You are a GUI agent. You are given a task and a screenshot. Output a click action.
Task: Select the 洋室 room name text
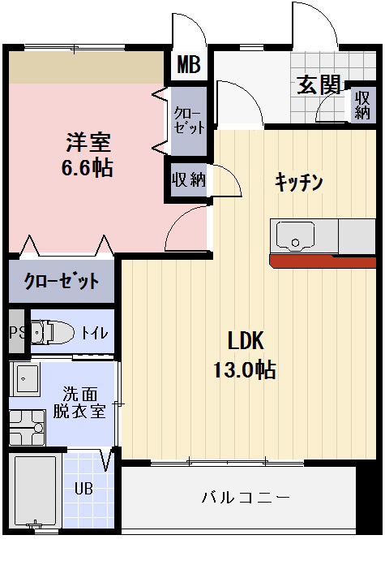88,141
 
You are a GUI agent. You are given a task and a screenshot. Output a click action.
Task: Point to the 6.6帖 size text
88,168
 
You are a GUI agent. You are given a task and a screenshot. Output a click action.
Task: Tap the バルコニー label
245,498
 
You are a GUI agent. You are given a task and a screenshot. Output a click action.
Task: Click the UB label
83,489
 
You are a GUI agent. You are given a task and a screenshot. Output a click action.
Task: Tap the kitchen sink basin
294,237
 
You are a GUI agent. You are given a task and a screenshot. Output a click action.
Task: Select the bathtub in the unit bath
36,490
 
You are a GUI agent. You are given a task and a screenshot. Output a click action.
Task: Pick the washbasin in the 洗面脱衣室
27,380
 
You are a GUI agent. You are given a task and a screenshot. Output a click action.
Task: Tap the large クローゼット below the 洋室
62,282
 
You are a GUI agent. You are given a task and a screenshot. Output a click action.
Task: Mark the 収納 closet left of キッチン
187,179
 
